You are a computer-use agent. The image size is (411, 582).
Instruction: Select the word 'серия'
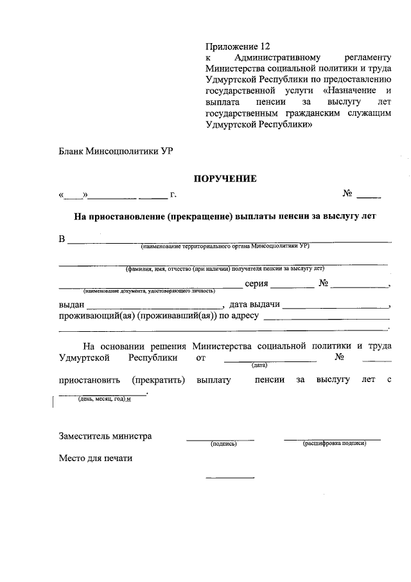click(256, 284)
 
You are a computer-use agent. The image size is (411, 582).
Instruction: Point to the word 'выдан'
click(71, 305)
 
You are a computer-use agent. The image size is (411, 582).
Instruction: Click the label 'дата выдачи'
click(254, 305)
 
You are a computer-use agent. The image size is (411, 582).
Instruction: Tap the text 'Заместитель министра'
click(105, 436)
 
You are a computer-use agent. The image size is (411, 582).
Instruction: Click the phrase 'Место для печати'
click(96, 459)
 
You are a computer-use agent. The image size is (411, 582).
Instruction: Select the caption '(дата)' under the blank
click(259, 365)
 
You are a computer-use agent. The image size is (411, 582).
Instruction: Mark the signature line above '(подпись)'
click(220, 440)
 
